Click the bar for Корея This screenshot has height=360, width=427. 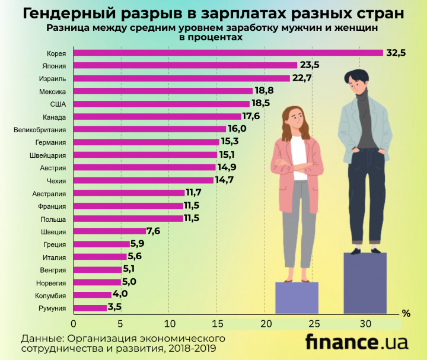coord(228,53)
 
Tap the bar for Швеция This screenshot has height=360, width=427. coord(110,231)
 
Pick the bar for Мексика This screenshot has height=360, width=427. coord(164,91)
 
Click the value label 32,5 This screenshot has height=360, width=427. coord(396,53)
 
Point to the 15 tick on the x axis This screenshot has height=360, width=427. coord(218,324)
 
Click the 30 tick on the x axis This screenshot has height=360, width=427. coord(362,324)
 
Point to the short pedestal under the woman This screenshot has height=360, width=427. coord(297,297)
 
